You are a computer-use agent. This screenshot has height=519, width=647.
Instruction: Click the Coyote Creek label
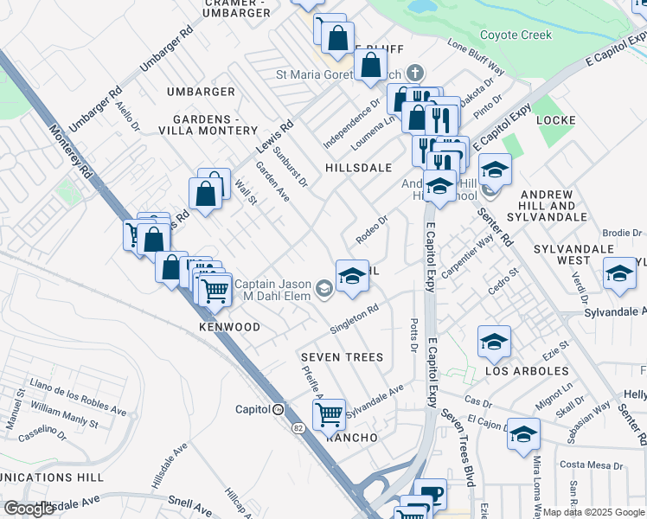pyautogui.click(x=515, y=35)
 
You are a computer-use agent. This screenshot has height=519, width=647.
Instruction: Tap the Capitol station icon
pyautogui.click(x=279, y=409)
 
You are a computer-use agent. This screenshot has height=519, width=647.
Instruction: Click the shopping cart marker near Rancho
pyautogui.click(x=329, y=414)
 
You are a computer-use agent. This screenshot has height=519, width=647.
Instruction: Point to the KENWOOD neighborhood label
pyautogui.click(x=229, y=328)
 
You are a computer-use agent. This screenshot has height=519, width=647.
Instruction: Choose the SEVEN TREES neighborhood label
pyautogui.click(x=341, y=357)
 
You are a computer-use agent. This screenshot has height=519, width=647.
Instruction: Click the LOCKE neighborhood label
pyautogui.click(x=555, y=119)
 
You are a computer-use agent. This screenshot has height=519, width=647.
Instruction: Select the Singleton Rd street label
pyautogui.click(x=355, y=319)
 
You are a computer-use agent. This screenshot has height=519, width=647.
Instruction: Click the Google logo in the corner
pyautogui.click(x=29, y=509)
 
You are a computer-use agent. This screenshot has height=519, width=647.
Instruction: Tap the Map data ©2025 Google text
pyautogui.click(x=593, y=512)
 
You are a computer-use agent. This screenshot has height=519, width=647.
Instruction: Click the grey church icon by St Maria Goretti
pyautogui.click(x=414, y=73)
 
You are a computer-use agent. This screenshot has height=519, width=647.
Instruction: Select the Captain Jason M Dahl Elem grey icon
pyautogui.click(x=324, y=289)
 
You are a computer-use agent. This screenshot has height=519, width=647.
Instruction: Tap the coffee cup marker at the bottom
pyautogui.click(x=430, y=494)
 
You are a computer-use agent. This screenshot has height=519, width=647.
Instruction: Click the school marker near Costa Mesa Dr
pyautogui.click(x=523, y=434)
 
